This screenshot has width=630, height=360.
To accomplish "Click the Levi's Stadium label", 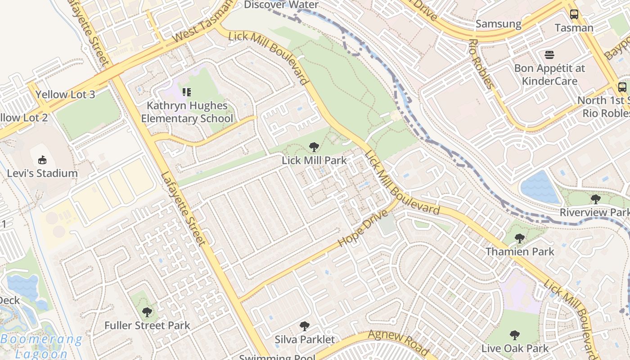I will point(42,173).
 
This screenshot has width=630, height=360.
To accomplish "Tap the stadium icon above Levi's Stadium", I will point(42,160).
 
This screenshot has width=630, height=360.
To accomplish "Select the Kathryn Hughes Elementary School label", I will point(187,112).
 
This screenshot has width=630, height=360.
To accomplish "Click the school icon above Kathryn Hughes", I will point(187,92).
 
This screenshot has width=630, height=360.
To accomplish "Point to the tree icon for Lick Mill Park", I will point(314,147).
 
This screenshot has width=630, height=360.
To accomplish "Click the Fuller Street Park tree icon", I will point(147,312).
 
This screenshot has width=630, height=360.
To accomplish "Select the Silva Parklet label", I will point(305,339).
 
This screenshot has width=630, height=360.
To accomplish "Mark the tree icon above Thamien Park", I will point(520,238).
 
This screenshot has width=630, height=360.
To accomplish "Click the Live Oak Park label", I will point(515,348).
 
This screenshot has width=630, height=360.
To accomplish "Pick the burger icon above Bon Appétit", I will point(549,55).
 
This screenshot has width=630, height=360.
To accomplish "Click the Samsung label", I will point(498,24).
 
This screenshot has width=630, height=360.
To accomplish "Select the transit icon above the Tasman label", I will point(574,14).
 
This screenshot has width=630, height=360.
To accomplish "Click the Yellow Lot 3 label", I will point(65,94).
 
